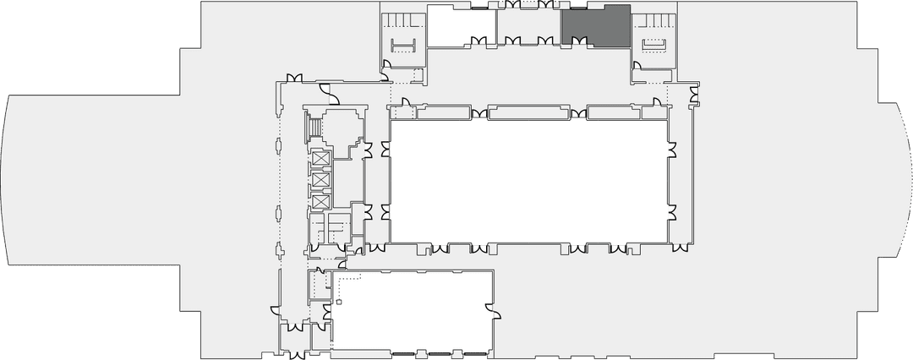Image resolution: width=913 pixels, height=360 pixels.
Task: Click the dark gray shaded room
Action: (x=596, y=26)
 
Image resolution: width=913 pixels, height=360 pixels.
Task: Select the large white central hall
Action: (x=528, y=182)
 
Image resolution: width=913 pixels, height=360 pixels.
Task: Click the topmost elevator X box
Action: (x=320, y=159)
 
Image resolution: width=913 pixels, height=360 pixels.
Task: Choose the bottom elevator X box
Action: (x=320, y=202)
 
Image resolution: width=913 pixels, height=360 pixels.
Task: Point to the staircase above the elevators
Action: (x=314, y=127)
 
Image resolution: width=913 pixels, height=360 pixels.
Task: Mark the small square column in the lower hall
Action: (x=338, y=301)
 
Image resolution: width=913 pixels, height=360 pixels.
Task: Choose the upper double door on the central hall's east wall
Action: (x=673, y=150)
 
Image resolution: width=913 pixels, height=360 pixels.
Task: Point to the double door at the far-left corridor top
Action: (x=295, y=79)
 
